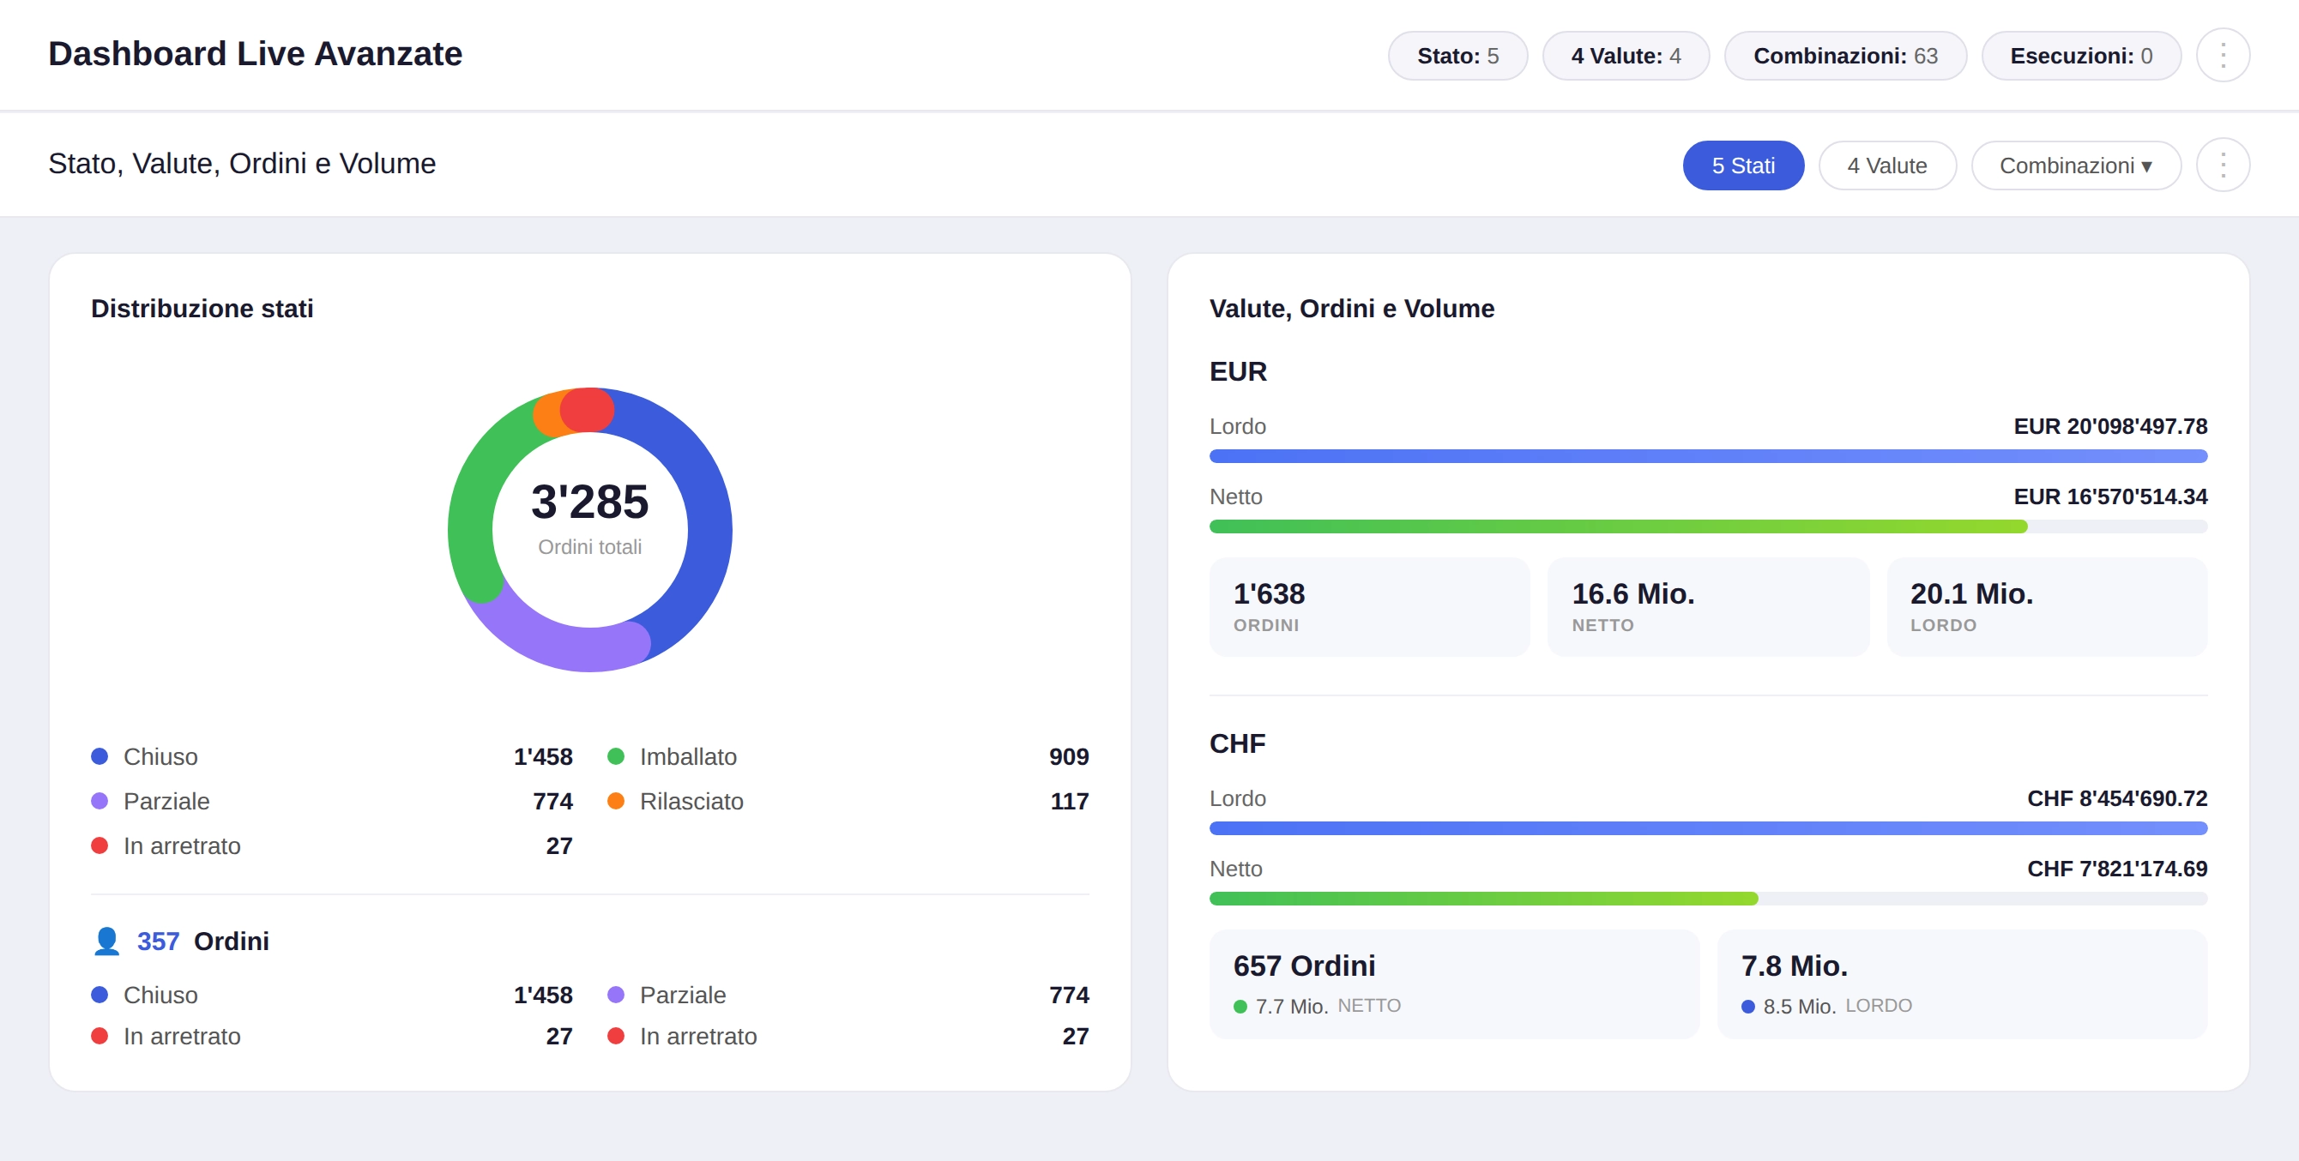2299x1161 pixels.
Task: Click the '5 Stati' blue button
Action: [1742, 165]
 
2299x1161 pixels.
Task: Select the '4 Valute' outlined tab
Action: [1886, 165]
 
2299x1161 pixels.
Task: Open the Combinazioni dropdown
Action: [2075, 165]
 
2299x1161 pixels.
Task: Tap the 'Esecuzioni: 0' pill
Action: [2080, 56]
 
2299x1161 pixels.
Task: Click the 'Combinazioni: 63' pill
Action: [1844, 56]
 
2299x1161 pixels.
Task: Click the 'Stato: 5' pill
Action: [1457, 56]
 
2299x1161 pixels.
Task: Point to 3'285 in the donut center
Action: [589, 502]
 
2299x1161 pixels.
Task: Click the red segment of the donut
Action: [587, 410]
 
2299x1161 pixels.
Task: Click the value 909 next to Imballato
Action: [1068, 757]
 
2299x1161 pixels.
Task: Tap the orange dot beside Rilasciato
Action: [616, 802]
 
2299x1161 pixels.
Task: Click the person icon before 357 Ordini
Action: [106, 941]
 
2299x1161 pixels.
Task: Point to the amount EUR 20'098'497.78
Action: [2109, 426]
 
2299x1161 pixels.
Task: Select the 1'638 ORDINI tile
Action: [1368, 607]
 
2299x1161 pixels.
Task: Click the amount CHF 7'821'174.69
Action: [2116, 869]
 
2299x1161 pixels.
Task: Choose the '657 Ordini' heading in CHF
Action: [1303, 965]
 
